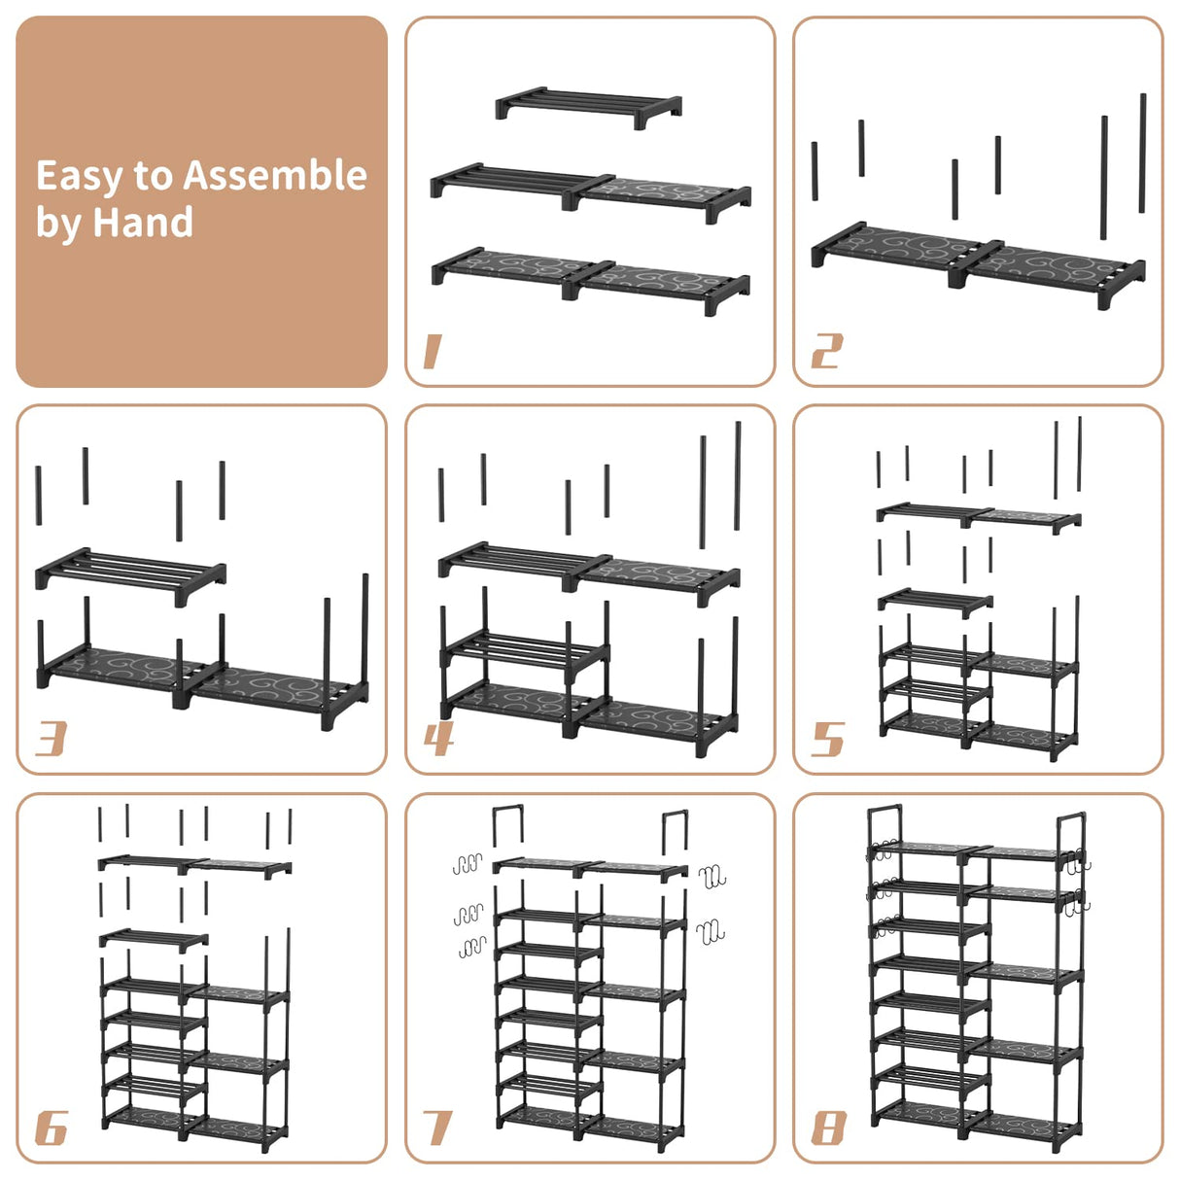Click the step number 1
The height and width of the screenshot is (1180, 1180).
pyautogui.click(x=433, y=351)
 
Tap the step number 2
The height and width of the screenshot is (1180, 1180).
pyautogui.click(x=826, y=351)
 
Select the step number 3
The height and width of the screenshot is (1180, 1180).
pyautogui.click(x=51, y=739)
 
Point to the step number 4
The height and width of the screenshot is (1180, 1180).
pyautogui.click(x=438, y=739)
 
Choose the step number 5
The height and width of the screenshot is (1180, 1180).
pyautogui.click(x=827, y=739)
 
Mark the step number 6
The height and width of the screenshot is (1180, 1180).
pyautogui.click(x=51, y=1128)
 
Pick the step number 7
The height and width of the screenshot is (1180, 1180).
pyautogui.click(x=438, y=1128)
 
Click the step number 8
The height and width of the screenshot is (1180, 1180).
pyautogui.click(x=828, y=1128)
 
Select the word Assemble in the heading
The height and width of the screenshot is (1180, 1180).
pyautogui.click(x=275, y=176)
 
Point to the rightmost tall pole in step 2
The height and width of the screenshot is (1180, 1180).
pyautogui.click(x=1142, y=153)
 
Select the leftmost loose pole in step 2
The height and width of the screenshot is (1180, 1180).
pyautogui.click(x=815, y=171)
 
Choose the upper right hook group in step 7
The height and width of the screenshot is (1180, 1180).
pyautogui.click(x=711, y=876)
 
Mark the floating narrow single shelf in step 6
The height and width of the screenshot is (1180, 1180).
pyautogui.click(x=154, y=938)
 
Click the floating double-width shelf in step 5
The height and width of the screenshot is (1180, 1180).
pyautogui.click(x=978, y=516)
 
